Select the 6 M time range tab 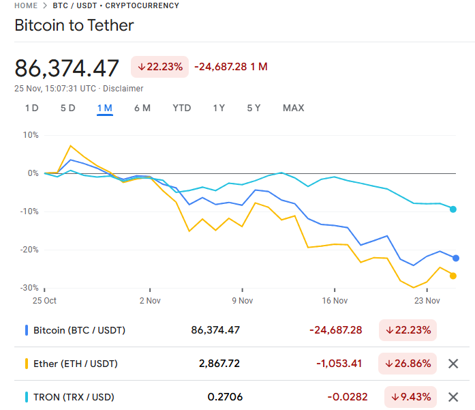click(142, 108)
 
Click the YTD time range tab click(182, 108)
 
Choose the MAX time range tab click(293, 108)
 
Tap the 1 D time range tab click(31, 108)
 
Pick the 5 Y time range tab click(254, 108)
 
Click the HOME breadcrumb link click(26, 5)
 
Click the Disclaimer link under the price click(123, 89)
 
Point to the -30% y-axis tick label click(29, 288)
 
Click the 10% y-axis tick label click(31, 135)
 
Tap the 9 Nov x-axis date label click(242, 300)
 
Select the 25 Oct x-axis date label click(45, 300)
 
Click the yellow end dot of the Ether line click(453, 276)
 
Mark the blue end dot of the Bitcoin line click(456, 258)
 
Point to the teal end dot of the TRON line click(453, 209)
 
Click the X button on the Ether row click(453, 364)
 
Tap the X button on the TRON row click(453, 397)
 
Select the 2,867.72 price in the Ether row click(219, 364)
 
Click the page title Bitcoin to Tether click(74, 26)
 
